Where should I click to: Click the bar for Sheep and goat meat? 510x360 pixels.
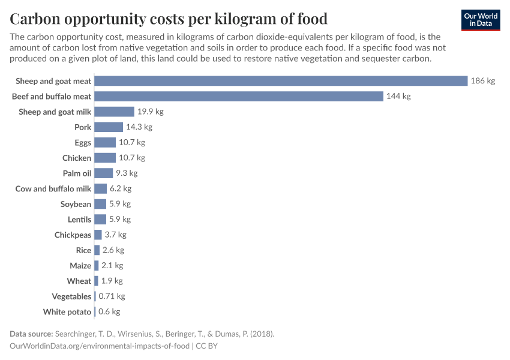pos(281,81)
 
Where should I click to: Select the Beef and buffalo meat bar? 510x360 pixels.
pos(239,96)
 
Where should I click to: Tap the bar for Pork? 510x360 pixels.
pos(109,127)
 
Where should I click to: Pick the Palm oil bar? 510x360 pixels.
pos(104,173)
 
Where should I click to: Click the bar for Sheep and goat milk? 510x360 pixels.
pos(114,112)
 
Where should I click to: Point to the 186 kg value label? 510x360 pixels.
pos(483,81)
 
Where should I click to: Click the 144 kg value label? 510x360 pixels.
pos(398,96)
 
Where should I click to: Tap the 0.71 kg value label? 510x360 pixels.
pos(112,296)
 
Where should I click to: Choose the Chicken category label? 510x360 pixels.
pos(77,158)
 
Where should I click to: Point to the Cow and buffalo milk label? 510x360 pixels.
pos(53,188)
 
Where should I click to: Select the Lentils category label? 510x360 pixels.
pos(79,220)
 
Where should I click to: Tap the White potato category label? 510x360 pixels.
pos(67,312)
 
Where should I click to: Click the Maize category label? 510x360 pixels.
pos(80,266)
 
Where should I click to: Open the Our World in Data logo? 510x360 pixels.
pos(480,20)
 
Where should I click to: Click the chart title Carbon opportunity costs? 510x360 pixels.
pos(169,17)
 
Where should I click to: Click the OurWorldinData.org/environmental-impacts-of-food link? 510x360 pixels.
pos(100,346)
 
